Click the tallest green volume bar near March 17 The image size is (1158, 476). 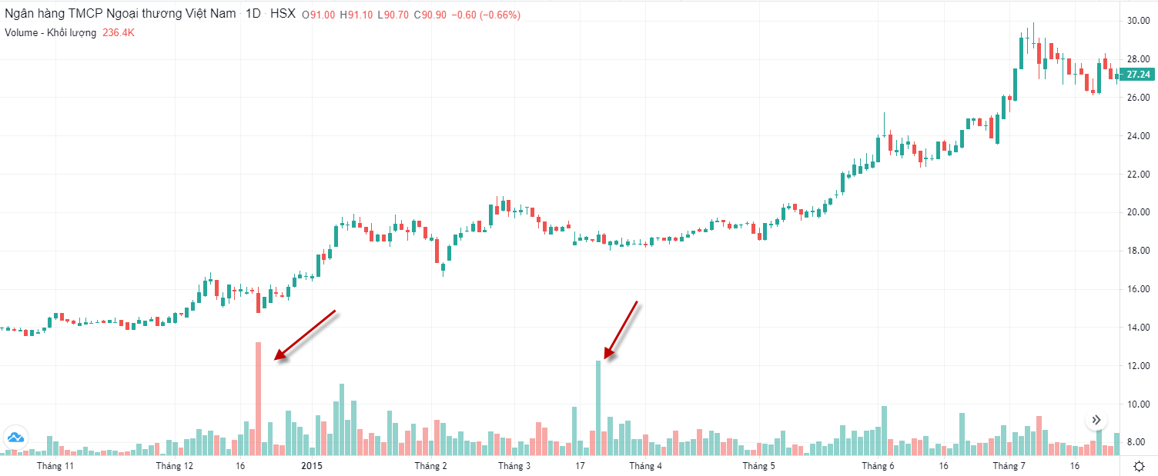tap(598, 408)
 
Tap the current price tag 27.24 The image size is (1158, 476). tap(1137, 75)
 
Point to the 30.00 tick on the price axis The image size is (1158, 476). tap(1139, 21)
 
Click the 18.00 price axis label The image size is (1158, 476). tap(1139, 251)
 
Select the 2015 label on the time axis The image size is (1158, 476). tap(312, 466)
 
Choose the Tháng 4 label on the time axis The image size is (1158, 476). tap(645, 466)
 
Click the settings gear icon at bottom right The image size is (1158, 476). tap(1140, 466)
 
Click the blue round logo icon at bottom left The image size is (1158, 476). tap(15, 438)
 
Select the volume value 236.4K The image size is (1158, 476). tap(119, 33)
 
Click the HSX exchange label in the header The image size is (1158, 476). tap(283, 15)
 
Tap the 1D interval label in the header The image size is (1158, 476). tap(253, 15)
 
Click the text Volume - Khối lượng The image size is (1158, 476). tap(50, 33)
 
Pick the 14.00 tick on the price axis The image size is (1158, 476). tap(1139, 328)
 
